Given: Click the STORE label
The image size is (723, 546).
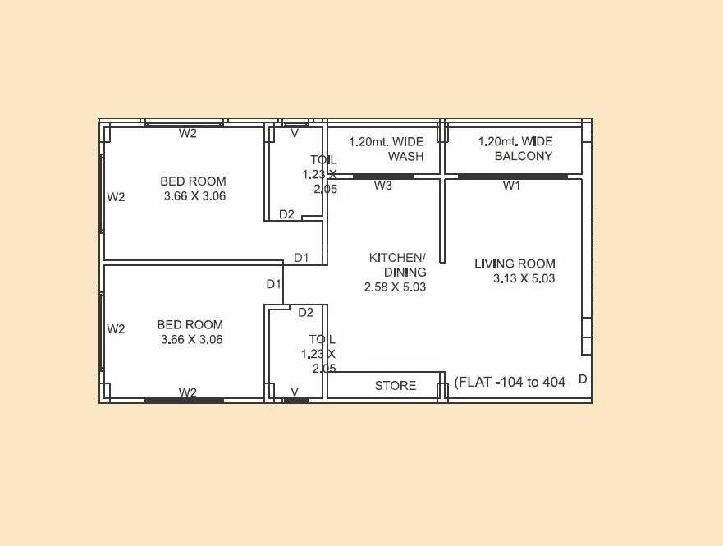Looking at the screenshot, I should click(396, 386).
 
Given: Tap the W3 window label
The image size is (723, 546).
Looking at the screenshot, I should click(383, 186).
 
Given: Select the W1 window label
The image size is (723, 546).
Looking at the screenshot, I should click(512, 186).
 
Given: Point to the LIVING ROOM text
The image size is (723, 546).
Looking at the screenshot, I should click(515, 264).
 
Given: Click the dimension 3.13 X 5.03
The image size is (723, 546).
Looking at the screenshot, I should click(524, 279).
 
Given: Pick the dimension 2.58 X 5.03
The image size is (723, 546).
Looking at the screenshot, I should click(395, 287).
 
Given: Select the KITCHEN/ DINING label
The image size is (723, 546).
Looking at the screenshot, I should click(397, 264).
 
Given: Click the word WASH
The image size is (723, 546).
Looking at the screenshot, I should click(406, 156).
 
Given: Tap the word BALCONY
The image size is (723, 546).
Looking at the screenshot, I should click(524, 156).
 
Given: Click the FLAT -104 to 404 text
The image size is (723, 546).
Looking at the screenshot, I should click(510, 382).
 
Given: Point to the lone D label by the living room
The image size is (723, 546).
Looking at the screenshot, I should click(583, 379).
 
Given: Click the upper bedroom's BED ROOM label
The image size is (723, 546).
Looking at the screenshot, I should click(193, 181).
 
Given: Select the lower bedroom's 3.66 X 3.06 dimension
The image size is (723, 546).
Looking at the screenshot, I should click(192, 339).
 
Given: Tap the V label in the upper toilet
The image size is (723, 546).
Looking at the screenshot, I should click(295, 133).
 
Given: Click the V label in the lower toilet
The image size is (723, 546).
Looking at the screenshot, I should click(295, 392).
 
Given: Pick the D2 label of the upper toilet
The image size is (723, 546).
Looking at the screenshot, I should click(286, 215).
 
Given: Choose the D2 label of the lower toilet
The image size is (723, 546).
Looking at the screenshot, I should click(305, 313).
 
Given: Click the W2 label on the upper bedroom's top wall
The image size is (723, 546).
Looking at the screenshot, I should click(188, 134).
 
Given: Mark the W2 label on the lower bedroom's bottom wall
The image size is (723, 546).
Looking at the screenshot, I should click(188, 392).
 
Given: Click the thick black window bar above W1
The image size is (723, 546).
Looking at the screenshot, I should click(513, 177).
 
